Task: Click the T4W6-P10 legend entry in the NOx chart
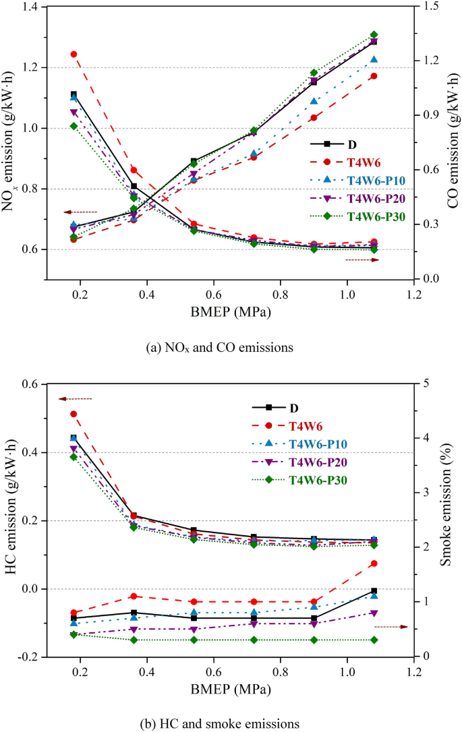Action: [361, 180]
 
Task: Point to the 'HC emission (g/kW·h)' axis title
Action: [10, 520]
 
